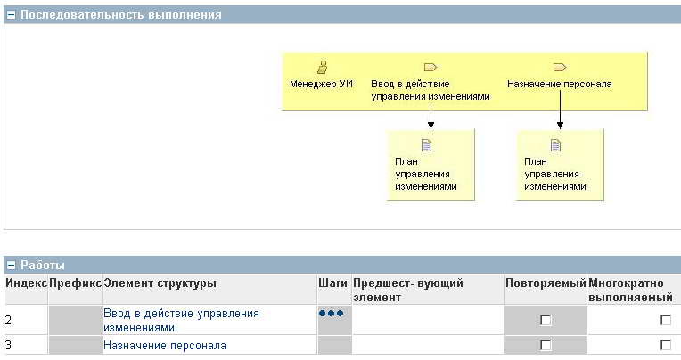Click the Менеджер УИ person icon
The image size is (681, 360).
(x=323, y=68)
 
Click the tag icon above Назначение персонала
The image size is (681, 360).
(x=560, y=68)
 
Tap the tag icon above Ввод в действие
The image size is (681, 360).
(x=431, y=68)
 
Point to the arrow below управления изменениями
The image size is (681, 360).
(x=431, y=116)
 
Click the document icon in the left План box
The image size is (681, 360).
(x=426, y=145)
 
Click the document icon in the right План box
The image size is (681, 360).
(x=556, y=145)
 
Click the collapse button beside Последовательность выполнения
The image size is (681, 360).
(x=12, y=15)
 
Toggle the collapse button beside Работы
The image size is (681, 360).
(x=12, y=266)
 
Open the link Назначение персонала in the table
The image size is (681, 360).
(x=165, y=346)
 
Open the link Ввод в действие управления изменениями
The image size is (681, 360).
(x=181, y=321)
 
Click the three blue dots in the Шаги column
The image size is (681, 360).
(x=331, y=313)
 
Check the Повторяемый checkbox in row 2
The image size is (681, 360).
(x=546, y=320)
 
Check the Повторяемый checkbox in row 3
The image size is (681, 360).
(x=546, y=345)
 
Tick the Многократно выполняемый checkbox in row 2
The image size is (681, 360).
(x=665, y=320)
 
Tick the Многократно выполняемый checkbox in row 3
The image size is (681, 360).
(x=665, y=345)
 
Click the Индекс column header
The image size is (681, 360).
(x=26, y=283)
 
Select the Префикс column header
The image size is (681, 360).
(x=75, y=283)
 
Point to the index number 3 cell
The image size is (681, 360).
(x=9, y=346)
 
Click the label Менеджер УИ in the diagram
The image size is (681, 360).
(x=321, y=84)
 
